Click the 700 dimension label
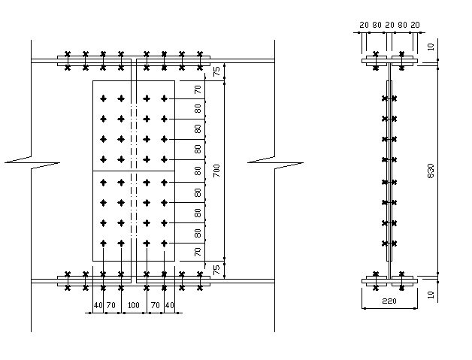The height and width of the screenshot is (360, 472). point(216,171)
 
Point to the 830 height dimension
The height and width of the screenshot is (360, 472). point(431,171)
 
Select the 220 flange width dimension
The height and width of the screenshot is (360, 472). point(389,301)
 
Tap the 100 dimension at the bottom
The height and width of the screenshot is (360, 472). point(133,305)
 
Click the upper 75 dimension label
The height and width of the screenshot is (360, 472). point(216,71)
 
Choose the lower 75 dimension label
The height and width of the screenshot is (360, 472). point(216,270)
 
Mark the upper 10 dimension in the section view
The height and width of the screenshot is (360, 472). point(431,47)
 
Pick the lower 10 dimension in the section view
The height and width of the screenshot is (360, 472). point(431,295)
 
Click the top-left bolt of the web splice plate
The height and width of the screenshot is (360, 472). point(103,98)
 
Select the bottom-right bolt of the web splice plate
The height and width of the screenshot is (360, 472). point(164,243)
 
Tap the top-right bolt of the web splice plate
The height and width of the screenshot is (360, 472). point(164,98)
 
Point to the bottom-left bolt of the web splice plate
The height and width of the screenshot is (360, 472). point(103,243)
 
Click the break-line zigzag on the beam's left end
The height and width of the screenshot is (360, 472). point(32,162)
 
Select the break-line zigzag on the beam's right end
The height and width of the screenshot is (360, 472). point(275,162)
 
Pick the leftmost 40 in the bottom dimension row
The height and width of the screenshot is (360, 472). point(98,305)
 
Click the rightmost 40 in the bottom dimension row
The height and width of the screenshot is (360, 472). point(170,305)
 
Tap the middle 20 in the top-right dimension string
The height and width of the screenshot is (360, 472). point(389,25)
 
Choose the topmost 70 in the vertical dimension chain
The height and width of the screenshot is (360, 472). point(198,89)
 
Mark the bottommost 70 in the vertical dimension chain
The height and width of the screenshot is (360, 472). point(198,252)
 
